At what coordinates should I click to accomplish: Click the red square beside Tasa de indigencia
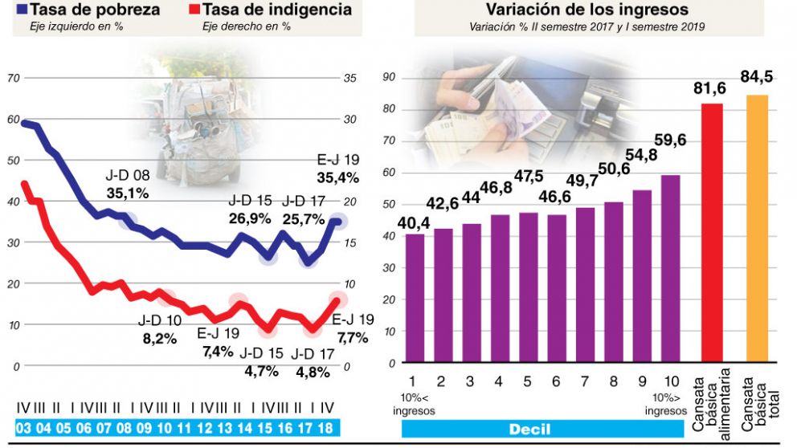[193, 10]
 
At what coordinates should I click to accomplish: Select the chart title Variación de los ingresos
[587, 10]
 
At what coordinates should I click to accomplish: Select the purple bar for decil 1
[415, 298]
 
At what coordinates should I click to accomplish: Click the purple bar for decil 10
[671, 269]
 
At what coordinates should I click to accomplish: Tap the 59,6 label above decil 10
[669, 141]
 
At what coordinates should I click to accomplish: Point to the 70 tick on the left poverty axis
[13, 78]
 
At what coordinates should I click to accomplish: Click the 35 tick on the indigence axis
[349, 78]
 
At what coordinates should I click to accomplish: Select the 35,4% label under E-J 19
[337, 177]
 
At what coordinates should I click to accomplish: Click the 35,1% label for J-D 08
[128, 193]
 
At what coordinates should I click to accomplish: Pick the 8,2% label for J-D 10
[159, 338]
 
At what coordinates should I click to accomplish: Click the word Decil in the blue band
[529, 430]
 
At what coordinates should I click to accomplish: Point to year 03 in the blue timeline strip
[24, 428]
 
